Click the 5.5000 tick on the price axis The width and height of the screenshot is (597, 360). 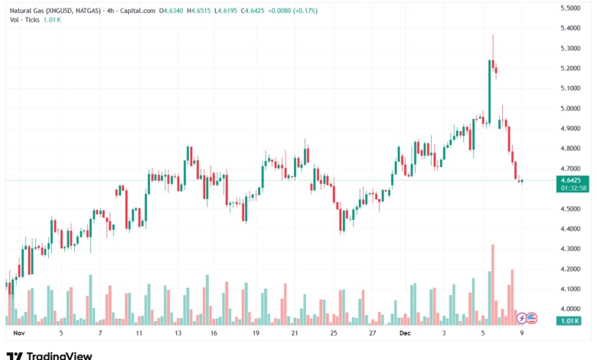(569, 8)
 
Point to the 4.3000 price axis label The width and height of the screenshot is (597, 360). (569, 249)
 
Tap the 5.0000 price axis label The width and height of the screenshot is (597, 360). (569, 108)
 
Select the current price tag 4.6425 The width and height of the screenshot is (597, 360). (570, 180)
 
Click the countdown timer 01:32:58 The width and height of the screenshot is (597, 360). (573, 188)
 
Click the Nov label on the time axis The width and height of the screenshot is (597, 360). (19, 334)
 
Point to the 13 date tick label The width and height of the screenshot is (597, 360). (178, 334)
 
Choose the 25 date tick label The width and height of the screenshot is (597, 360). (334, 334)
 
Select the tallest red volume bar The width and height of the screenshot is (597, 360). (493, 283)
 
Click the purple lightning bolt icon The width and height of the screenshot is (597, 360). (522, 317)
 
